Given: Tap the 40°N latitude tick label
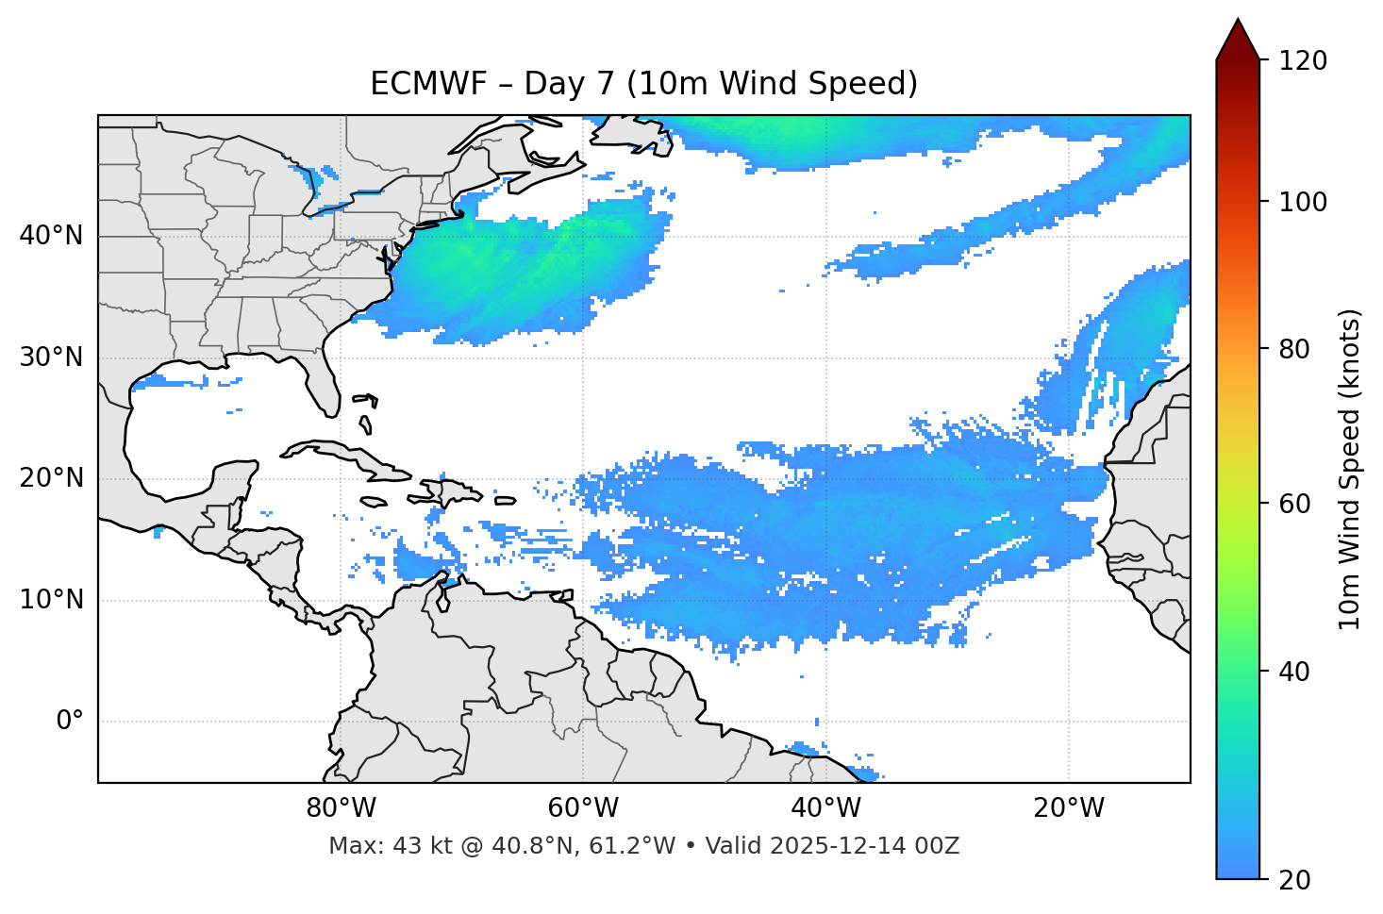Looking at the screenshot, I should click(x=51, y=236).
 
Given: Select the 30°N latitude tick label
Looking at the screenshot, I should click(x=51, y=357).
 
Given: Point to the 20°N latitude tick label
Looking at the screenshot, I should click(x=51, y=478).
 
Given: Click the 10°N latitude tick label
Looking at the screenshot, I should click(x=51, y=600).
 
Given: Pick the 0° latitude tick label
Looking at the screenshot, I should click(x=70, y=722).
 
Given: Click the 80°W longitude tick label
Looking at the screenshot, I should click(x=341, y=808).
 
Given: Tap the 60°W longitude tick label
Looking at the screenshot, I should click(x=583, y=808).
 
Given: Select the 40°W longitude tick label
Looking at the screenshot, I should click(x=825, y=808).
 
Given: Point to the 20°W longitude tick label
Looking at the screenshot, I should click(x=1069, y=808).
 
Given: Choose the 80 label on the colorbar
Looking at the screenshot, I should click(x=1297, y=349).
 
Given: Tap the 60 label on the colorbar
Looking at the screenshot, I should click(x=1297, y=504).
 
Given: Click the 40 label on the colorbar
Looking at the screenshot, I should click(x=1297, y=672).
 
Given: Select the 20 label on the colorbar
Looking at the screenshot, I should click(x=1297, y=880).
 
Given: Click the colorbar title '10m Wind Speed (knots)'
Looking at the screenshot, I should click(x=1350, y=470).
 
